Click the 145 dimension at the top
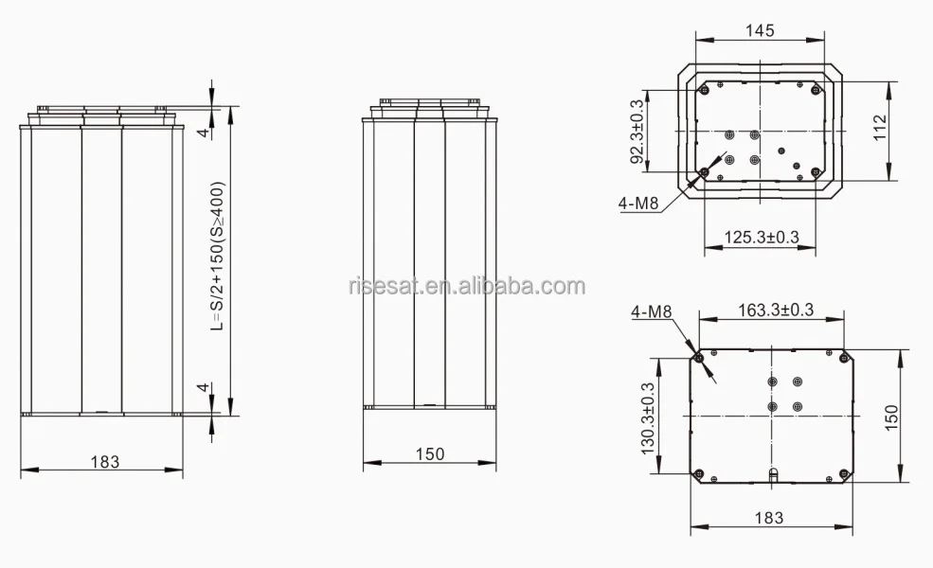760,30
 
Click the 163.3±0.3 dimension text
776,310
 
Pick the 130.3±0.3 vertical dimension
649,417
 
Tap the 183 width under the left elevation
105,462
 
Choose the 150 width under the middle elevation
429,454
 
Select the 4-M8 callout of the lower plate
651,311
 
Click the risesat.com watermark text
466,286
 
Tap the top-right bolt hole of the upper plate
816,90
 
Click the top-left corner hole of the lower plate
699,357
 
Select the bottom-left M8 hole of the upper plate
704,172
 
